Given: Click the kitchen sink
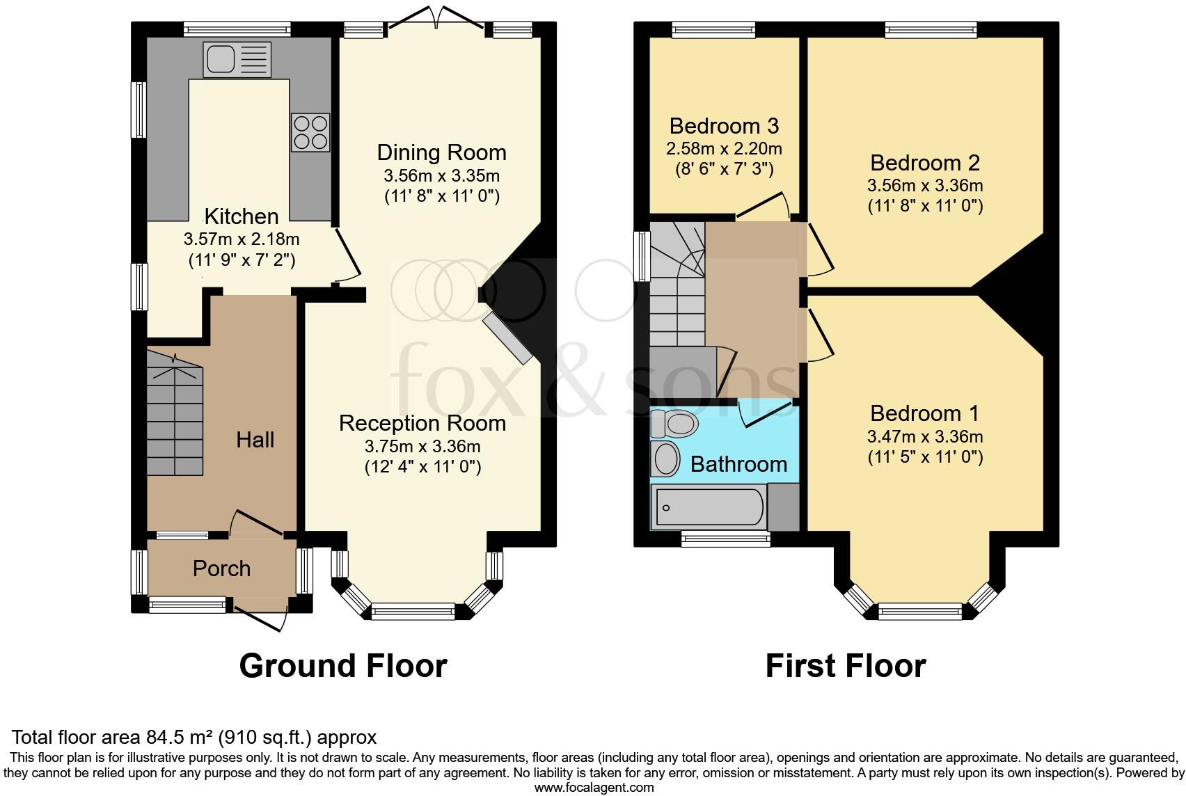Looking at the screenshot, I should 237,59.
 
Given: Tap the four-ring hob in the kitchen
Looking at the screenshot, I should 310,132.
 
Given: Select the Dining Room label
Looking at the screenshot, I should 441,152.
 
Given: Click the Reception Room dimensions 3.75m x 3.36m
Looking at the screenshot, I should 422,446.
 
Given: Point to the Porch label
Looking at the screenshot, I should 221,568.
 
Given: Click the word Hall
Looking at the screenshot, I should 255,440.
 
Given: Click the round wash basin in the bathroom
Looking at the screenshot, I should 666,459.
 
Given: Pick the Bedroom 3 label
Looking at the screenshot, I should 724,126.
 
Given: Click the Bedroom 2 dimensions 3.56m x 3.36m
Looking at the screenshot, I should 924,186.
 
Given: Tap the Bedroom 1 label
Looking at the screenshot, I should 924,413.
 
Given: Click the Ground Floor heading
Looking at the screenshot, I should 342,666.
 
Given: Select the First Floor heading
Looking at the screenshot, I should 845,666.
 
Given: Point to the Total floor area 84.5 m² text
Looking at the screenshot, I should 194,737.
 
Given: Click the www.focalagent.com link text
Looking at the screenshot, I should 594,788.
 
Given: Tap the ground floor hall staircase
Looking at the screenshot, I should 175,417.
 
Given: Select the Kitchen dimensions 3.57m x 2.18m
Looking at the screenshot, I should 242,239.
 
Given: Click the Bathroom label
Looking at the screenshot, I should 738,464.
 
